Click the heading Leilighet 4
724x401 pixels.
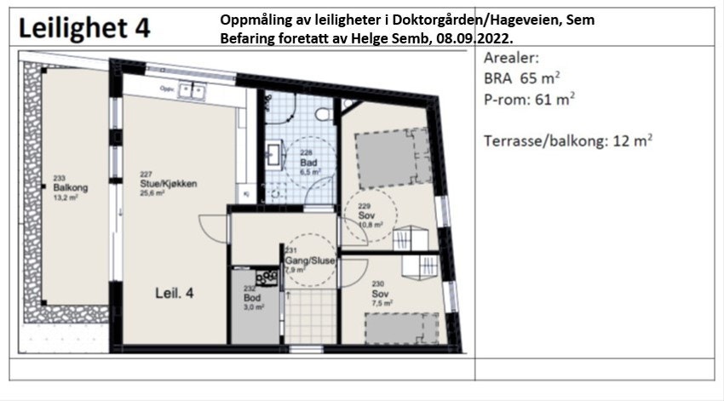click(84, 27)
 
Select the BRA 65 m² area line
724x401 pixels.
click(521, 79)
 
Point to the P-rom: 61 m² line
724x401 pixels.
click(528, 100)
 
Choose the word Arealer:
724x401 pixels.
click(512, 59)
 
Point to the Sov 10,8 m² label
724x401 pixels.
click(367, 216)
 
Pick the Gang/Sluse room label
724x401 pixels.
click(310, 260)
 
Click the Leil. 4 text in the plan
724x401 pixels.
click(175, 292)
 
